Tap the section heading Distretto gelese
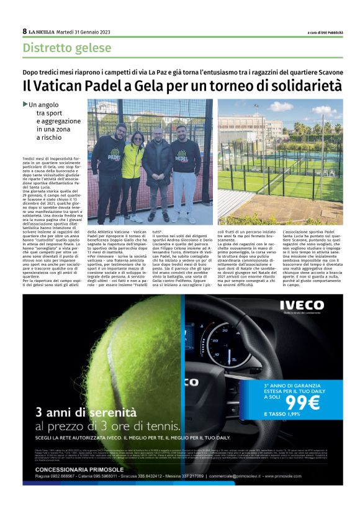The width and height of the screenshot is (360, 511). [58, 48]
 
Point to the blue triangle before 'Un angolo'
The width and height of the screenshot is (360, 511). [25, 104]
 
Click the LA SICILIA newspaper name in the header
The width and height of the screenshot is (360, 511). [45, 32]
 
